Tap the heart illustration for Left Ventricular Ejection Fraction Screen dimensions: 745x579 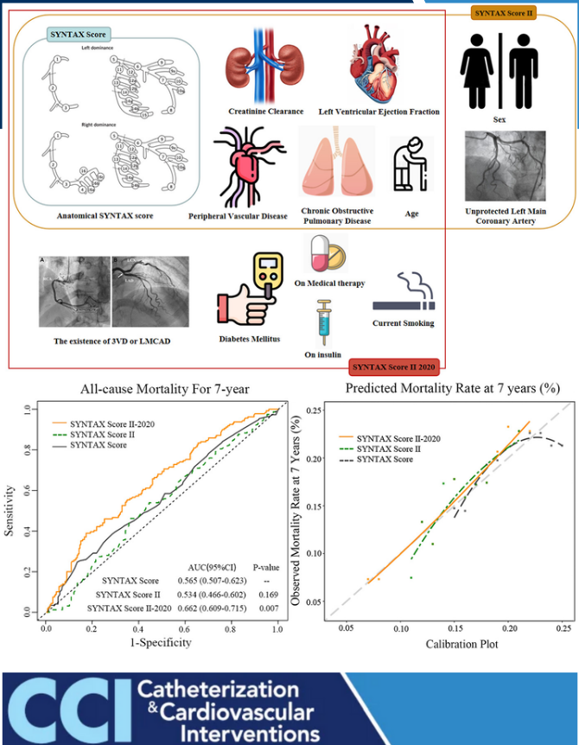pyautogui.click(x=379, y=63)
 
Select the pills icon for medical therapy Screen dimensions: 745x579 pyautogui.click(x=324, y=254)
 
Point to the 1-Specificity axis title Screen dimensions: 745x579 pyautogui.click(x=162, y=642)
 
